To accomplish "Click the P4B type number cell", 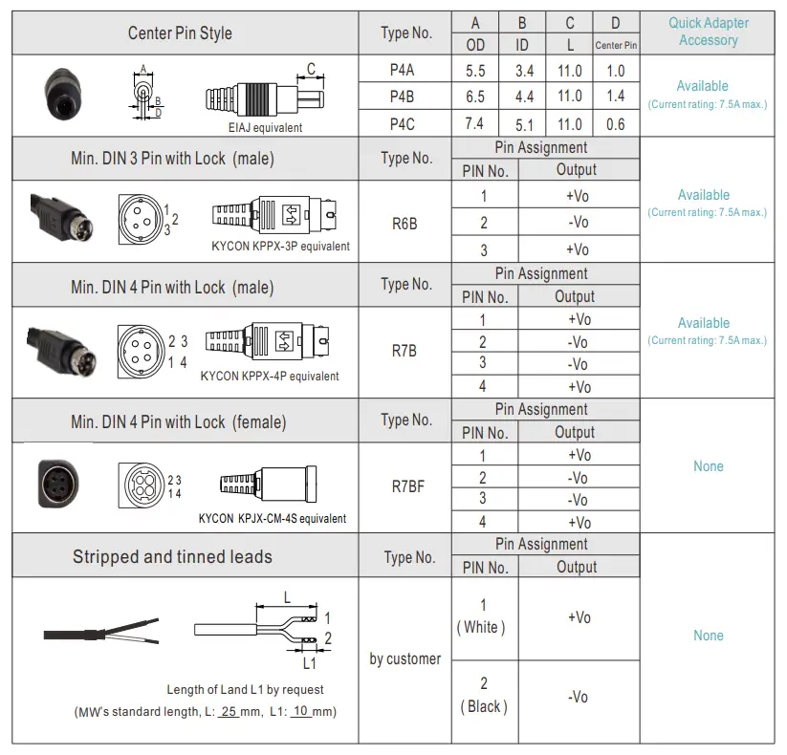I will (402, 97).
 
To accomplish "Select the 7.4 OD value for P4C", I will (474, 123).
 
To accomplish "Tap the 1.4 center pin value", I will (615, 96).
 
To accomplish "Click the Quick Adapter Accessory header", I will (708, 32).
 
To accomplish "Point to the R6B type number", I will (404, 225).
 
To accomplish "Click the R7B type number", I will (404, 351).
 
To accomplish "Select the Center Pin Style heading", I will (180, 33).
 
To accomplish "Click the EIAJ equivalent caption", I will (258, 127).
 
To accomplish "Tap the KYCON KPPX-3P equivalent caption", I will (280, 246).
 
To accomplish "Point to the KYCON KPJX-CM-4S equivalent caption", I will (273, 519).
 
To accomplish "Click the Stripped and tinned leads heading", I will (172, 556).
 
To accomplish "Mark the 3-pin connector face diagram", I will (139, 214).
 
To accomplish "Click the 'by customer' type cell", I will (405, 658).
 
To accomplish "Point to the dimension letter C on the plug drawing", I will (311, 68).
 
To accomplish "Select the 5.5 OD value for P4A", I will (475, 70).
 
